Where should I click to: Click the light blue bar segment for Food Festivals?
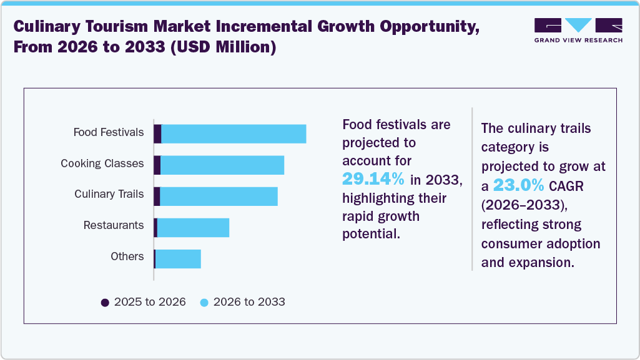click(234, 134)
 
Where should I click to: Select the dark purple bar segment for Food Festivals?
click(158, 134)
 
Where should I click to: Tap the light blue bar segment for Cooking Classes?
click(222, 165)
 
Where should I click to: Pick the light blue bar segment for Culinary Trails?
click(219, 196)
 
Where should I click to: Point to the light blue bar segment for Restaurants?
click(193, 228)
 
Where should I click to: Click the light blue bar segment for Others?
click(178, 259)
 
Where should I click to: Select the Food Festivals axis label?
click(109, 132)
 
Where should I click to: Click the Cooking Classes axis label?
click(102, 163)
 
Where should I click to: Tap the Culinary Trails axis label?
click(109, 194)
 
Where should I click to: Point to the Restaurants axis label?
click(114, 225)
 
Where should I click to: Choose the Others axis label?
click(127, 256)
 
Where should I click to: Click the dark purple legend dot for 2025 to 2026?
click(105, 303)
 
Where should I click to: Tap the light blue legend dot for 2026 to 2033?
click(204, 303)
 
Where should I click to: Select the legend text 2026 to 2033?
click(249, 302)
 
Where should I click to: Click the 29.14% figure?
click(373, 179)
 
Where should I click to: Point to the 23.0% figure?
click(518, 185)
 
